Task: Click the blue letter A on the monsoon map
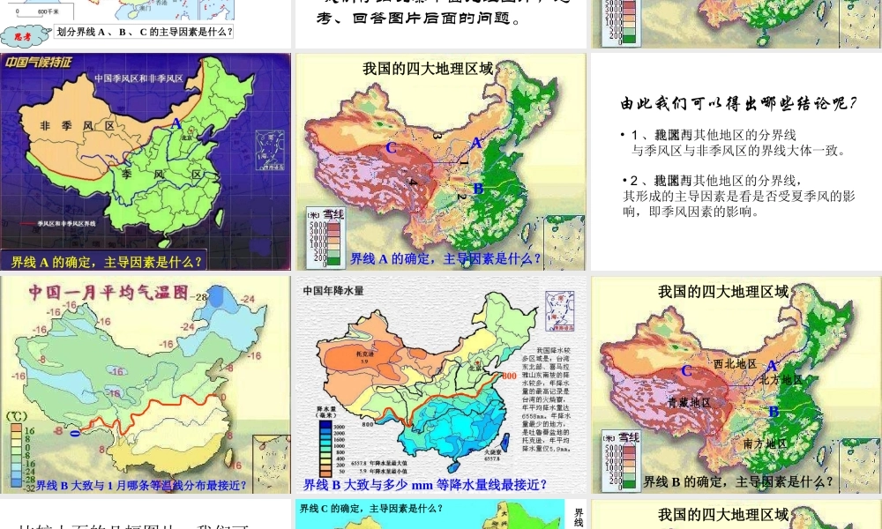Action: pos(176,123)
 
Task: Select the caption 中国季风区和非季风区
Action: pos(138,78)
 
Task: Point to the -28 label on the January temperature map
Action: pos(199,298)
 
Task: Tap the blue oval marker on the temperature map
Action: pos(75,432)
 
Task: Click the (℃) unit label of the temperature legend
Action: pos(16,415)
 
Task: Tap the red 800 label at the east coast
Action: pos(510,376)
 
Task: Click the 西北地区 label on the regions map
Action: pos(735,363)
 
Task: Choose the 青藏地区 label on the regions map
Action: pos(689,402)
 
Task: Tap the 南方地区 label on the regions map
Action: pos(765,443)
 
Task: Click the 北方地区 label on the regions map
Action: pos(781,379)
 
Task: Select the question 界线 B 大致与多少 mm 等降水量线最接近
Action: pos(424,484)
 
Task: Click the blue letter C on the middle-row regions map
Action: pos(391,148)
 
